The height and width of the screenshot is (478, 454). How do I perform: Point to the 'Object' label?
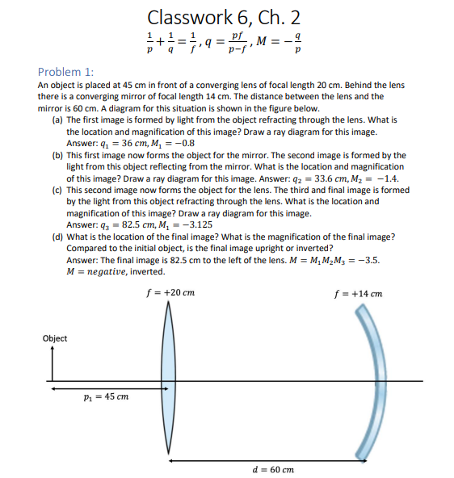click(x=55, y=338)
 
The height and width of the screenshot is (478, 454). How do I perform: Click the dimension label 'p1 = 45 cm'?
click(x=107, y=396)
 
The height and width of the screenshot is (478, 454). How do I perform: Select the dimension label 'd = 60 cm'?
click(x=273, y=468)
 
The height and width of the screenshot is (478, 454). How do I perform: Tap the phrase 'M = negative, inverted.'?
click(x=116, y=271)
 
